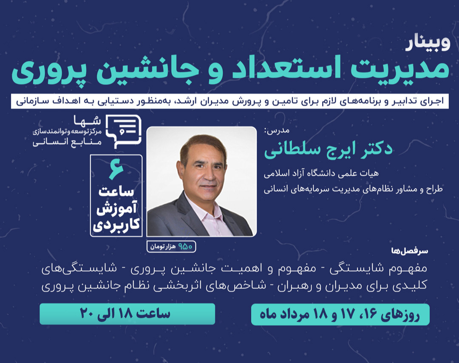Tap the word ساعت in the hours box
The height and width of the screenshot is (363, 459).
(116, 192)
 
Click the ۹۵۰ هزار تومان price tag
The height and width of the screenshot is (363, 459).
(172, 246)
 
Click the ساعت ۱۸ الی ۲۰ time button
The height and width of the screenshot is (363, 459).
(127, 314)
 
